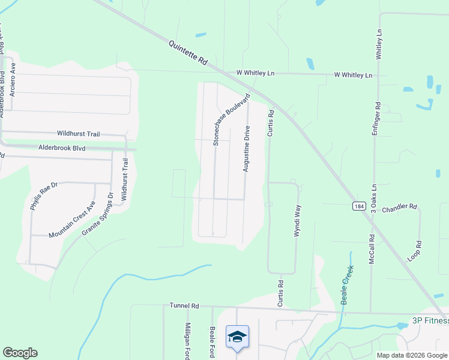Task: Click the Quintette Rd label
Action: pyautogui.click(x=188, y=53)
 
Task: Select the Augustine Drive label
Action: pyautogui.click(x=246, y=149)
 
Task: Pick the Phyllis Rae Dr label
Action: pyautogui.click(x=44, y=196)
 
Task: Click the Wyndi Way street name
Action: pyautogui.click(x=297, y=221)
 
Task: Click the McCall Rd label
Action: pyautogui.click(x=372, y=247)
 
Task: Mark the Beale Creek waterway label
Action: pyautogui.click(x=346, y=286)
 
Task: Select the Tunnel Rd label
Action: pyautogui.click(x=184, y=305)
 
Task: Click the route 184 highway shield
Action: pyautogui.click(x=358, y=206)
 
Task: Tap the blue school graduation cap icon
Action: pyautogui.click(x=237, y=336)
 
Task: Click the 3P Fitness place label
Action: pyautogui.click(x=430, y=320)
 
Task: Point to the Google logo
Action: pyautogui.click(x=20, y=353)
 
